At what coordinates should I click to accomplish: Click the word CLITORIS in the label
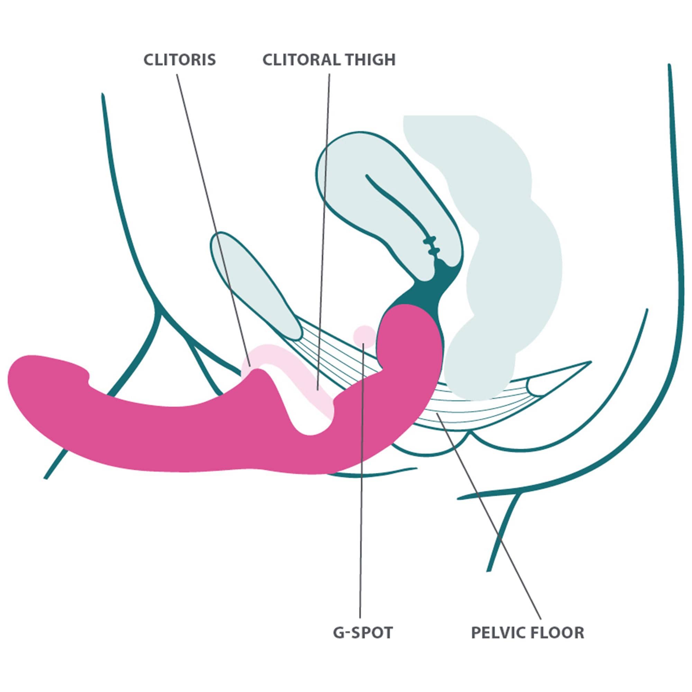tap(180, 60)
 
